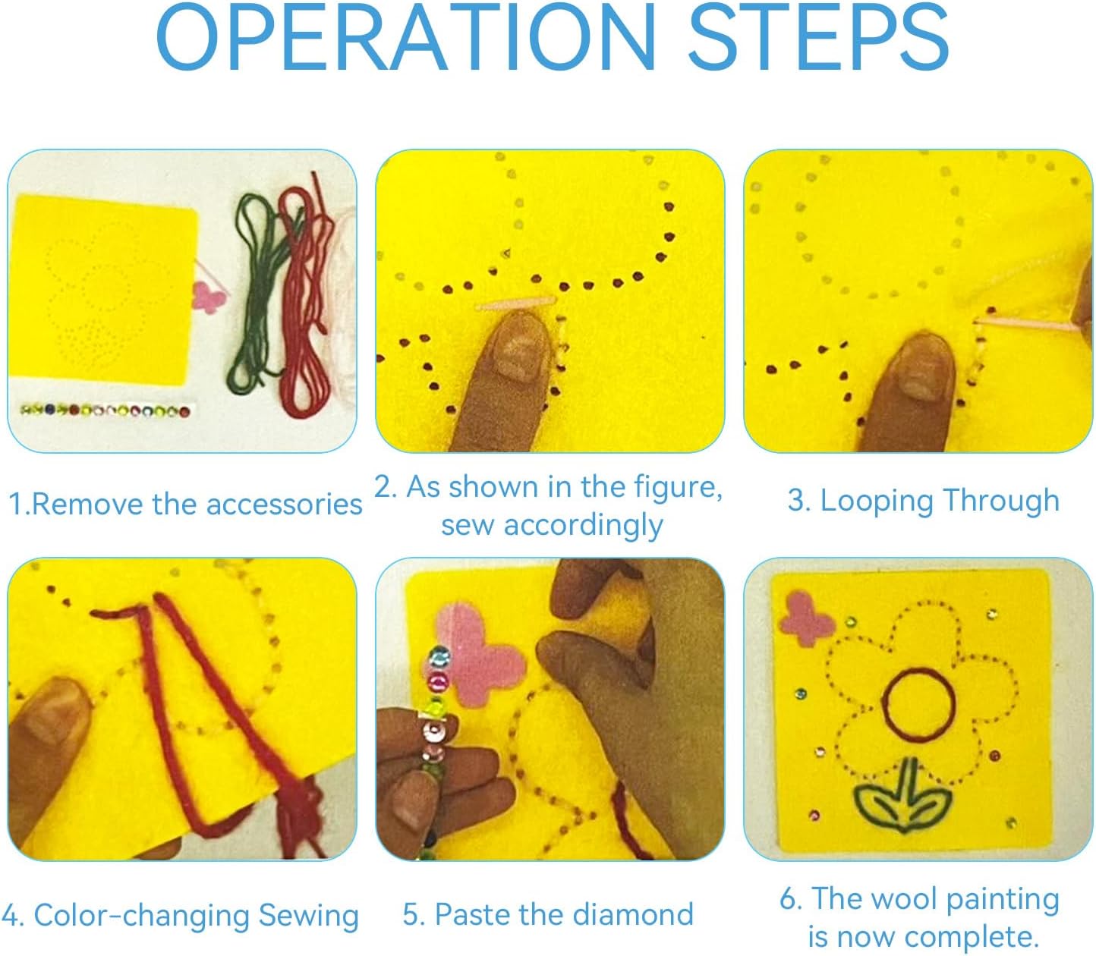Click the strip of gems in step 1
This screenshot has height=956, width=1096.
105,411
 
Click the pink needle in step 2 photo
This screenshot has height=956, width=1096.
515,303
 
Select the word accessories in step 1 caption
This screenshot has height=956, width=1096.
284,505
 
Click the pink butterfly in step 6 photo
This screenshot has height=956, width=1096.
805,619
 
